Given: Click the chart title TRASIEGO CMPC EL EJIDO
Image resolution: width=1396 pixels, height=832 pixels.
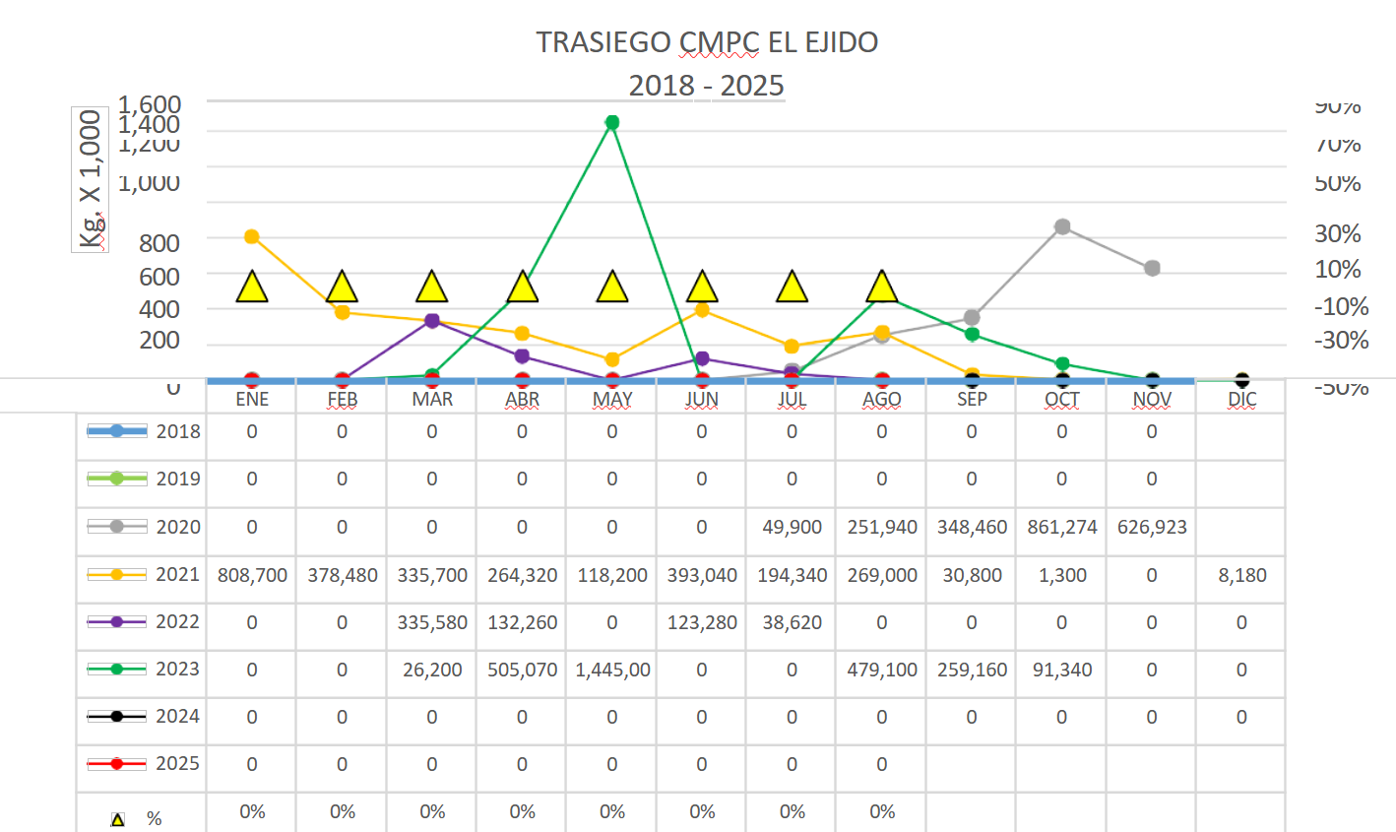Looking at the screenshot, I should point(706,42).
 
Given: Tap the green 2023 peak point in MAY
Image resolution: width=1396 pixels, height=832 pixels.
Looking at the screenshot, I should point(612,123).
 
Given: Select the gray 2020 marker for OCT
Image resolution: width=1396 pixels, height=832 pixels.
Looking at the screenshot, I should point(1062,227).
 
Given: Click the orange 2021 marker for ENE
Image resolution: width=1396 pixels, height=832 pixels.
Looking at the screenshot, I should point(252,236).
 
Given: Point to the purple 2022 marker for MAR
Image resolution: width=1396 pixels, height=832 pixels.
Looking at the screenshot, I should point(432,321).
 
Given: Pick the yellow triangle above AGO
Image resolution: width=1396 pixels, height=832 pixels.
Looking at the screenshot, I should point(882,288).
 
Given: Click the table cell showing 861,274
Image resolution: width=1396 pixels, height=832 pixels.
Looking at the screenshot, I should point(1062,527).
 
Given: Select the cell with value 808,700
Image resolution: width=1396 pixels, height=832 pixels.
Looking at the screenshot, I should point(252,575).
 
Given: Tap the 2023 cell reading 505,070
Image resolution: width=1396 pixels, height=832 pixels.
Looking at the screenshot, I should point(522,670).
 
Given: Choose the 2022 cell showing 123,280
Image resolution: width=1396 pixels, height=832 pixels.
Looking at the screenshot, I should point(702,622).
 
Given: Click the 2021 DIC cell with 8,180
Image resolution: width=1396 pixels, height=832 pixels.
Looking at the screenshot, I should point(1241,575).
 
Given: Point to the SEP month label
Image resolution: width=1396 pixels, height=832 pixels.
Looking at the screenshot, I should point(972,399).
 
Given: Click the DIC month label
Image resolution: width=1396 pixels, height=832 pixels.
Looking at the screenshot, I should point(1241,399).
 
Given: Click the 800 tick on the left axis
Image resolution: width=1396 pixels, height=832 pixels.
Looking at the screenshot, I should point(159,242).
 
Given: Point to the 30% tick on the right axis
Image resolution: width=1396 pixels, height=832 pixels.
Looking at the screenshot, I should point(1338,234).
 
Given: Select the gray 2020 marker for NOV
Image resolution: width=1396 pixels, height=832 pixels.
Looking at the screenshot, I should point(1152,268).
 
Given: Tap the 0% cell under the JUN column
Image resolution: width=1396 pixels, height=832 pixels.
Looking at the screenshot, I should point(702,811).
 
